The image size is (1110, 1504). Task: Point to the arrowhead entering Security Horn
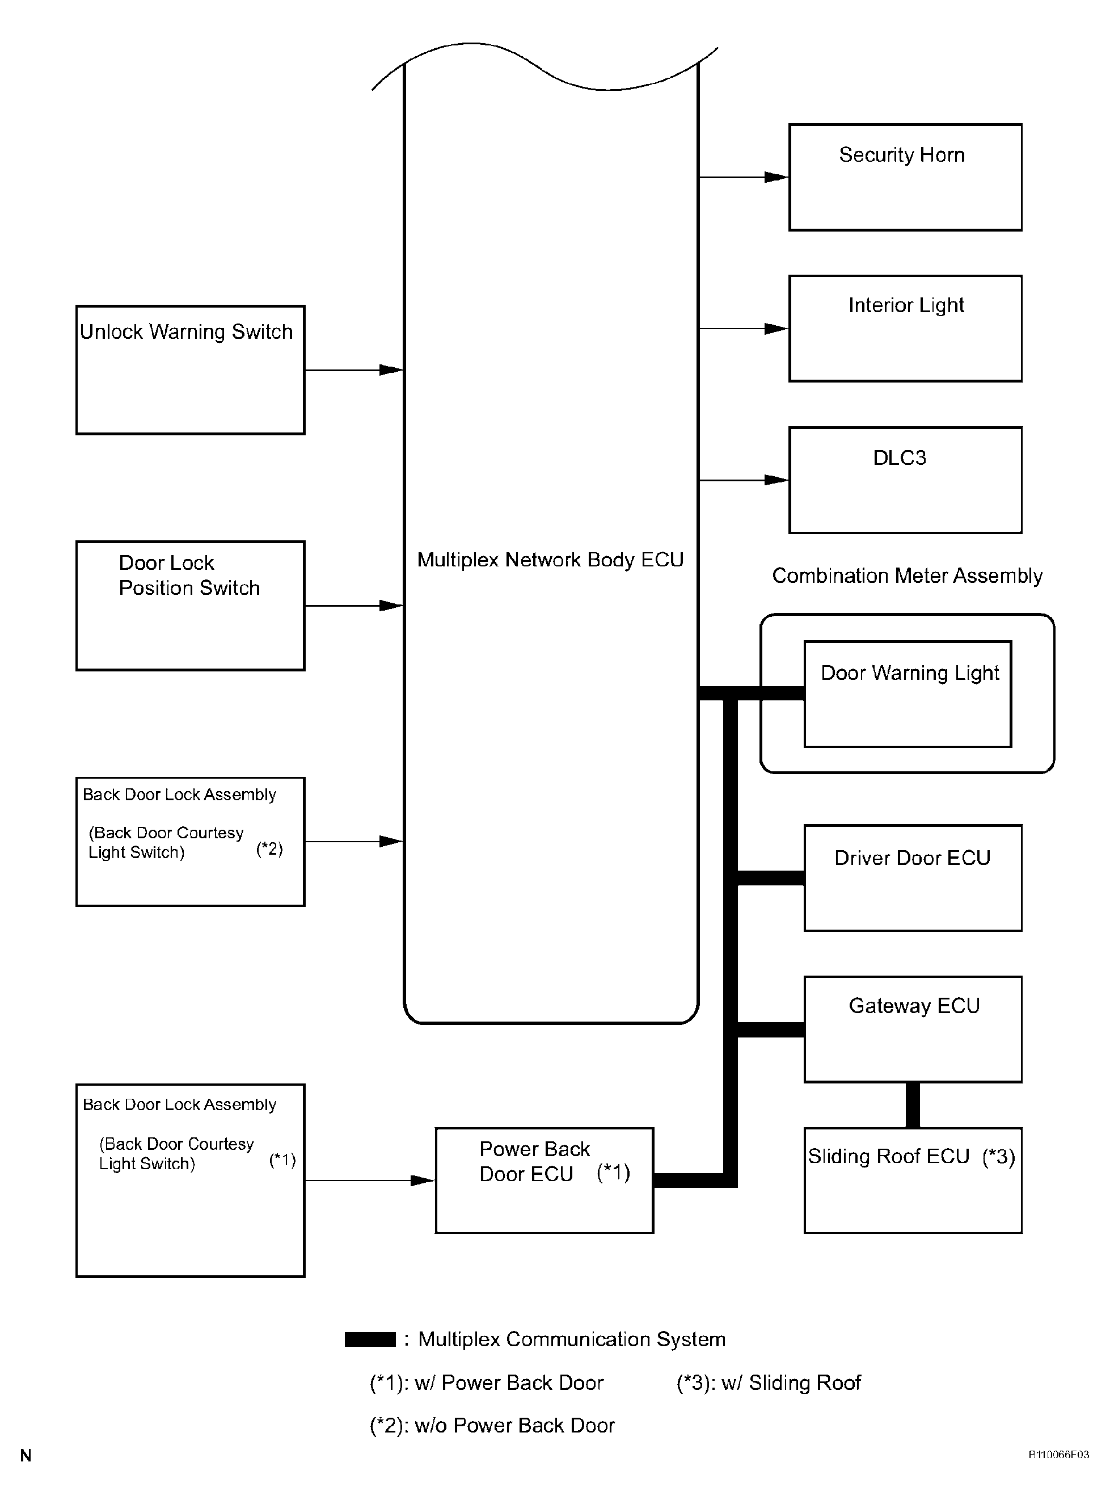(776, 178)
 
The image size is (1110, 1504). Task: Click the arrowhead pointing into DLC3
(776, 480)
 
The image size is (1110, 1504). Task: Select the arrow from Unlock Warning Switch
(354, 370)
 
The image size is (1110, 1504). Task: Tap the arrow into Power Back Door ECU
(370, 1180)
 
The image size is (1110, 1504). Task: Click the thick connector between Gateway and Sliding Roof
(913, 1106)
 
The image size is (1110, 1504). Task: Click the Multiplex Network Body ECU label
(550, 560)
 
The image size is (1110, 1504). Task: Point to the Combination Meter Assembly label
(907, 576)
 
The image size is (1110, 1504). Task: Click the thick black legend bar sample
(370, 1339)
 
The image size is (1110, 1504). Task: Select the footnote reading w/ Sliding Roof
(769, 1383)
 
